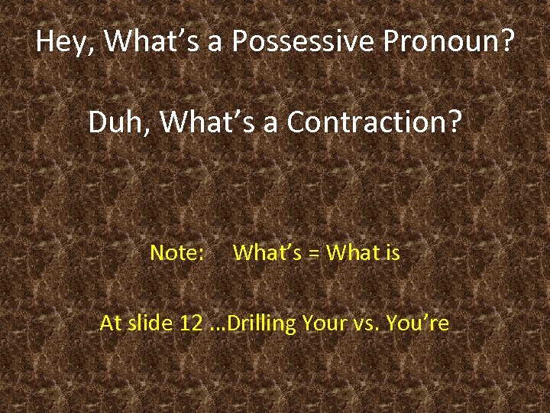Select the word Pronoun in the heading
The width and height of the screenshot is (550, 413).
(x=442, y=41)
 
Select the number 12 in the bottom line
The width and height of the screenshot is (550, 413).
(x=191, y=324)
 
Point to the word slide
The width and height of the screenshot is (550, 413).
(x=151, y=324)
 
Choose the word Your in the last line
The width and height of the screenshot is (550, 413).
(x=325, y=324)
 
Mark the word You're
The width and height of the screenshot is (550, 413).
(x=418, y=324)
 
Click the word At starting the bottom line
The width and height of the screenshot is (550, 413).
(x=111, y=324)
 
